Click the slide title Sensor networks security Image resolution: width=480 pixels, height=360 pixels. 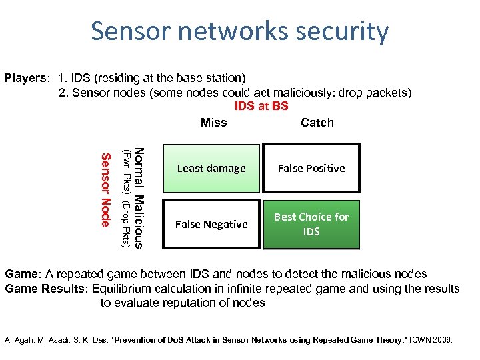(239, 31)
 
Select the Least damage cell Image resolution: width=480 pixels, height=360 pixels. (211, 168)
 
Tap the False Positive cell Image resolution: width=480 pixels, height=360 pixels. (311, 168)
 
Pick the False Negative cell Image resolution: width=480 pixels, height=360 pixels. (211, 225)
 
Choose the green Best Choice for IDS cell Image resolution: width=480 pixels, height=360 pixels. (311, 225)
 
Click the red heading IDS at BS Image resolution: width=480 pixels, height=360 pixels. (261, 106)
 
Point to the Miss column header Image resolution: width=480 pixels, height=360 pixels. (213, 123)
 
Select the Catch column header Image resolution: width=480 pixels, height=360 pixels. (317, 123)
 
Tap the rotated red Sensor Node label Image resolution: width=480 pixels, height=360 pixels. (105, 190)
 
